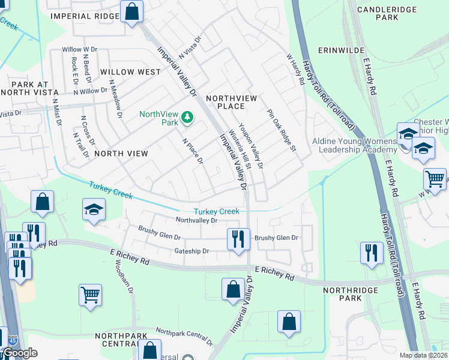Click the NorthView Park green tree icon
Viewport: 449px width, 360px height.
[x=188, y=116]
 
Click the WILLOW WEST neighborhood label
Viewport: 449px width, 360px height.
[x=131, y=72]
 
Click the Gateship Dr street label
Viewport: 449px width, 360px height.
[x=191, y=251]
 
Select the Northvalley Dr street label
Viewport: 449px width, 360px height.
[x=196, y=220]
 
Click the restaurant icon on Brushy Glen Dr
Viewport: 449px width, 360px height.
[x=238, y=239]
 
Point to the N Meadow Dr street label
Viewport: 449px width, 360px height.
[x=116, y=99]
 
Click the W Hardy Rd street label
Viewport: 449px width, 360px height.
[x=296, y=69]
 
